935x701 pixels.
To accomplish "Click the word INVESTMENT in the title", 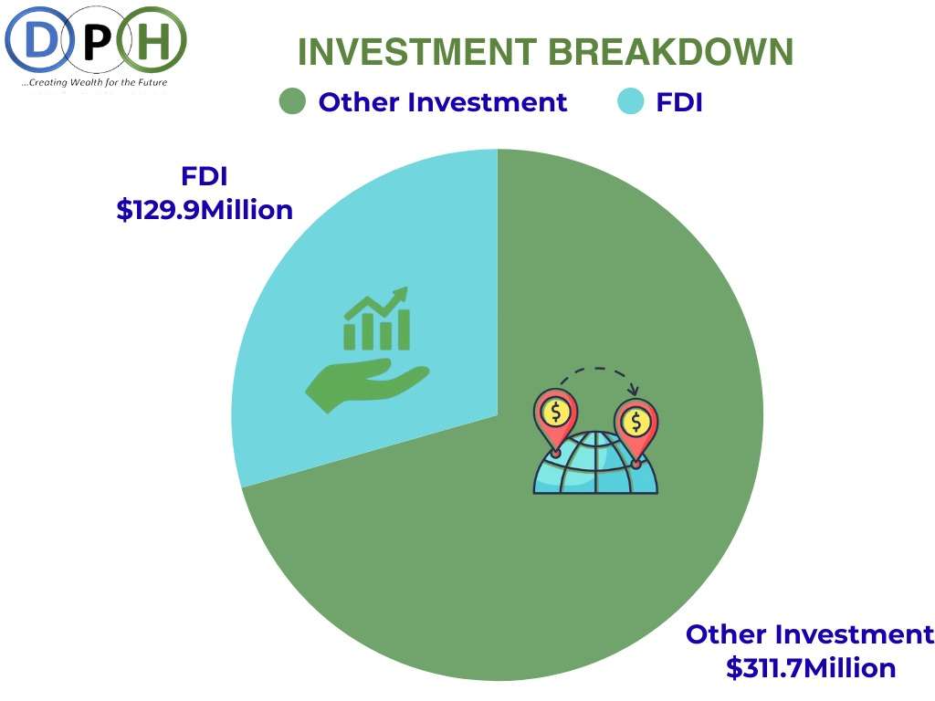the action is click(417, 52).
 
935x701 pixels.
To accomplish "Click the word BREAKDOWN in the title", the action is click(671, 52).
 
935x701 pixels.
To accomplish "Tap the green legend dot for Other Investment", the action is click(292, 101).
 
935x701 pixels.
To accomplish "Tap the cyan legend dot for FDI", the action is click(630, 101).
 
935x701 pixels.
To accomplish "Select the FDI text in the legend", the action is click(679, 102).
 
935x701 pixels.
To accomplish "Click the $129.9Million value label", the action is click(205, 211).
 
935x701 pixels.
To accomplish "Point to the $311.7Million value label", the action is click(811, 668).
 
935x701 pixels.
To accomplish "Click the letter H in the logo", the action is click(153, 40).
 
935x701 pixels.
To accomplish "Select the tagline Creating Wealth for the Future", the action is click(94, 82).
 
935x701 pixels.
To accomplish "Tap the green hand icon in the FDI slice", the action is click(367, 385).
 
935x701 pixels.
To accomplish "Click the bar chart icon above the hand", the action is click(377, 319).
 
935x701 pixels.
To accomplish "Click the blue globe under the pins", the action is click(595, 464).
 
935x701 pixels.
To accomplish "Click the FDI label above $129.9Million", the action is click(205, 176).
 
